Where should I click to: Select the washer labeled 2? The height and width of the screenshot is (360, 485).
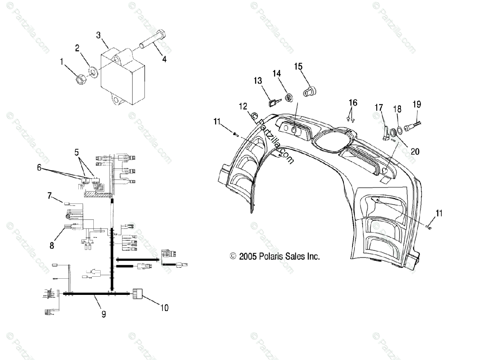pyautogui.click(x=93, y=72)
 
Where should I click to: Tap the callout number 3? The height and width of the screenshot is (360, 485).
pyautogui.click(x=98, y=35)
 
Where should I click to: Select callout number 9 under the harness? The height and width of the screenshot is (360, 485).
pyautogui.click(x=103, y=313)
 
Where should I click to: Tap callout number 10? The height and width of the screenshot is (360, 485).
pyautogui.click(x=164, y=308)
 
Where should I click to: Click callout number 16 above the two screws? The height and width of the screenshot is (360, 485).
pyautogui.click(x=353, y=102)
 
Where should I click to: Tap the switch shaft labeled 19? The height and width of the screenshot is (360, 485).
pyautogui.click(x=413, y=123)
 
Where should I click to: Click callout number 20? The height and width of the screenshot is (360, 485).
pyautogui.click(x=414, y=151)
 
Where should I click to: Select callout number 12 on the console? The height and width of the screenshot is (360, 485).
pyautogui.click(x=242, y=106)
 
